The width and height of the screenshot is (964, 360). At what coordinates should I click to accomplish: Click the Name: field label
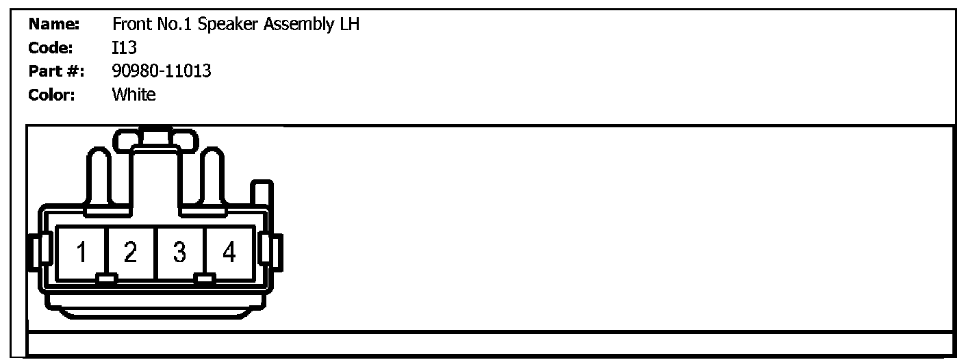tap(54, 25)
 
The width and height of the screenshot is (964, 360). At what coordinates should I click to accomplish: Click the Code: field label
tap(51, 48)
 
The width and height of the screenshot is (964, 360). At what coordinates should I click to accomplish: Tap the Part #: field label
tap(55, 71)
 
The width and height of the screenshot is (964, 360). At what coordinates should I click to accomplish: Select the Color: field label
tap(51, 94)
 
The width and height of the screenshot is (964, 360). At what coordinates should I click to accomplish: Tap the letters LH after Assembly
tap(348, 25)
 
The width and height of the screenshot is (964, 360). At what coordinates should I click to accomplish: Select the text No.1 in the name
tap(175, 25)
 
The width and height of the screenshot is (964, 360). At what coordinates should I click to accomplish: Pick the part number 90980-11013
tap(162, 71)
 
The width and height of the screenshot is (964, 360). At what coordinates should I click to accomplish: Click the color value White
tap(134, 94)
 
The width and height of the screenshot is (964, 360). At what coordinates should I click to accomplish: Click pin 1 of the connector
tap(81, 253)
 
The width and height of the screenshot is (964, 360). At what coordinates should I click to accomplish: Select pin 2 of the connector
tap(131, 253)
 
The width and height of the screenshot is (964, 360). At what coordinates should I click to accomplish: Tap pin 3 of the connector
tap(179, 253)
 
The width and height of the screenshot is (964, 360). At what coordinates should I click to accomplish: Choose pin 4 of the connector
tap(229, 253)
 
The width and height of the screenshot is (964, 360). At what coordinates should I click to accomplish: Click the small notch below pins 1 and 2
tap(106, 279)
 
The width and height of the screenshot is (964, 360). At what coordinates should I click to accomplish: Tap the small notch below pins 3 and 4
tap(204, 279)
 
